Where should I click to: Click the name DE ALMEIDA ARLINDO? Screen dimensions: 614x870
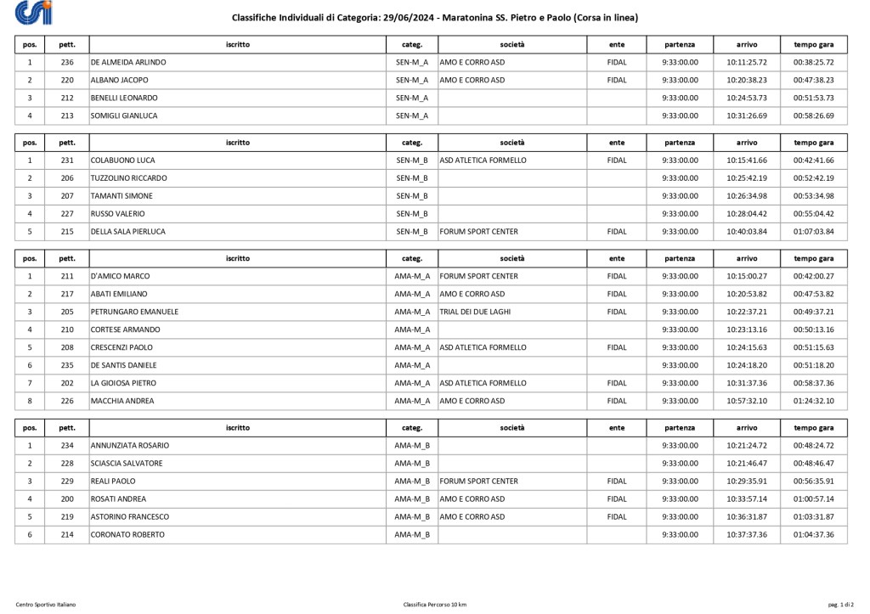(x=128, y=63)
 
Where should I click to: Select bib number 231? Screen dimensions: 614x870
(x=68, y=161)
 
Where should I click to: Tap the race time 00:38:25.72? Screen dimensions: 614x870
(x=813, y=63)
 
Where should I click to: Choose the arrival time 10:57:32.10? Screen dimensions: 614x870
(x=747, y=401)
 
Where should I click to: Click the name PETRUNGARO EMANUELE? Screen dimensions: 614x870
(x=134, y=312)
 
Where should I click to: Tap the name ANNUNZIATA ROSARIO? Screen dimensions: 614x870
(x=130, y=446)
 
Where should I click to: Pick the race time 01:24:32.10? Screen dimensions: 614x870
(x=813, y=401)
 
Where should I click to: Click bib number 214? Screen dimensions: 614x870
(x=68, y=535)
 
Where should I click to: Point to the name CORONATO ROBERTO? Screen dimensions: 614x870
(x=127, y=535)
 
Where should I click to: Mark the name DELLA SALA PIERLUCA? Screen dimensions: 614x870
(x=128, y=232)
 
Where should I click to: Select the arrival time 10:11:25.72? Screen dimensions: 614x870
(x=747, y=63)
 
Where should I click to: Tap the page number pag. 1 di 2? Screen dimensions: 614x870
(x=840, y=605)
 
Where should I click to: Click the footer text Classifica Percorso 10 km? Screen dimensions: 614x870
(x=435, y=605)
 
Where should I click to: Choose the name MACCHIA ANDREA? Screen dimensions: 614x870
(x=122, y=401)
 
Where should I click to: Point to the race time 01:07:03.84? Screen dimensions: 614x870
(x=813, y=232)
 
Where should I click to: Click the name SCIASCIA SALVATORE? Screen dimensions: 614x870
(x=127, y=464)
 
